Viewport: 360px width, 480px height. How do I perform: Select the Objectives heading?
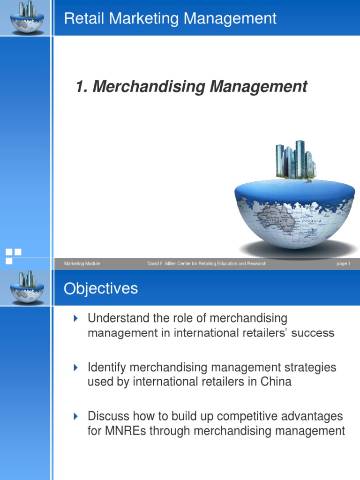101,288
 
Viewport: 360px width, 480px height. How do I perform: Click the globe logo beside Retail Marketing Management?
27,18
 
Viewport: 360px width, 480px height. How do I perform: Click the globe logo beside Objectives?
27,287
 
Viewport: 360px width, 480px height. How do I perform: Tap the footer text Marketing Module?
82,264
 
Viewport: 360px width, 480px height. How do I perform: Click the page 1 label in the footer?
343,264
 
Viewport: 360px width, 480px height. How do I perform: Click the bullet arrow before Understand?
76,319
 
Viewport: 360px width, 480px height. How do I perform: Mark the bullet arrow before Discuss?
76,416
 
